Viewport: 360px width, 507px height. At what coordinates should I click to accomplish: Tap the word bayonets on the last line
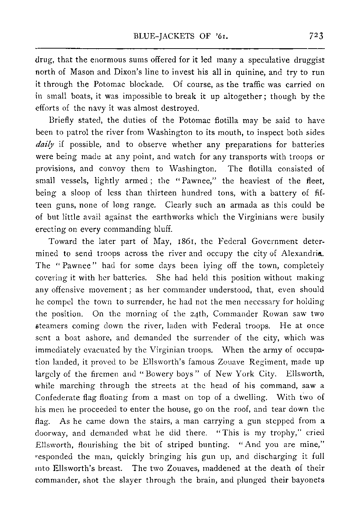(309, 480)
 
